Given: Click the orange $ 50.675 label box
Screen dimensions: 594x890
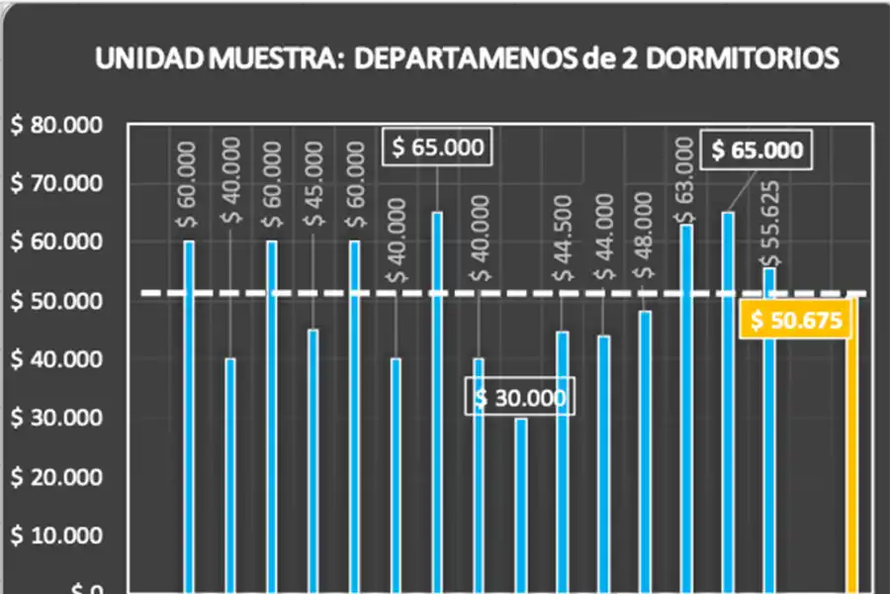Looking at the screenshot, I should click(x=795, y=322).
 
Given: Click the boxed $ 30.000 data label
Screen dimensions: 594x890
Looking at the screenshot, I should click(x=520, y=398).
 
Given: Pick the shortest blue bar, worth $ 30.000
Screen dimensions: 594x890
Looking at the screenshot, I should click(x=520, y=505).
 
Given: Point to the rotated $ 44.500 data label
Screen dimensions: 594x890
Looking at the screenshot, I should click(x=562, y=239).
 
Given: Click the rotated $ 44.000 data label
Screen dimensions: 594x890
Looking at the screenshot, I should click(x=603, y=242).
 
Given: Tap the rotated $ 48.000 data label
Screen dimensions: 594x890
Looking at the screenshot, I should click(x=644, y=236).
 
